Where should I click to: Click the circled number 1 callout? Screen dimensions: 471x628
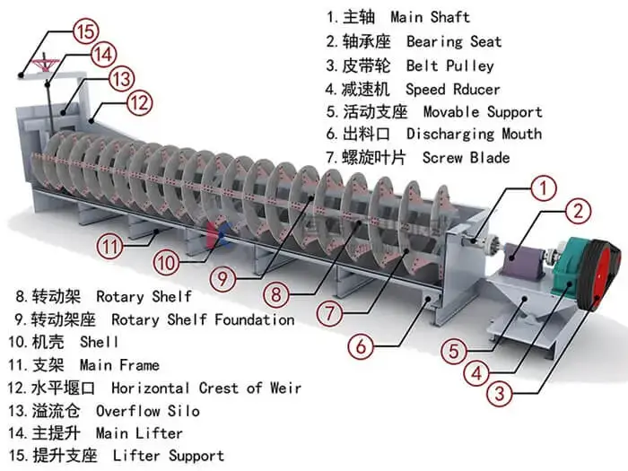point(543,188)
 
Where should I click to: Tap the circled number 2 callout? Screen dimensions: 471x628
point(580,213)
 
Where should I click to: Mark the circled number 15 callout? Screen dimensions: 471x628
point(85,31)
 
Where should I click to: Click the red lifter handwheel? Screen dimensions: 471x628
point(39,64)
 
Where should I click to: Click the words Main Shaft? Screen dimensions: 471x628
point(430,17)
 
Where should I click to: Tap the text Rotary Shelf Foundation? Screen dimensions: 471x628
point(203,319)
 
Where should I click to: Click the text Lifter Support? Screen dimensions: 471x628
point(169,457)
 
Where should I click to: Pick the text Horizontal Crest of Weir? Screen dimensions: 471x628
point(206,388)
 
